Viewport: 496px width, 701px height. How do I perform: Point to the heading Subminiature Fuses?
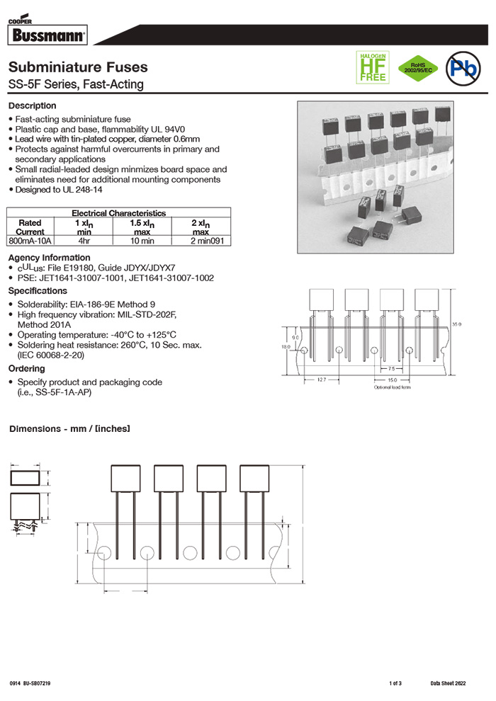pos(78,67)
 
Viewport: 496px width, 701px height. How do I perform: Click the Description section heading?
pos(32,106)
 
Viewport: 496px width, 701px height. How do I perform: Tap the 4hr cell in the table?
pos(84,241)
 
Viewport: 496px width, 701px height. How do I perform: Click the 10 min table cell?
pos(142,241)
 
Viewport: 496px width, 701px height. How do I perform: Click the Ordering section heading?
pos(26,369)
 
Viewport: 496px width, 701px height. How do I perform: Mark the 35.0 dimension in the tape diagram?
pos(456,324)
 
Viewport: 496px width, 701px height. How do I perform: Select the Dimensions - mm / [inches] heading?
pos(69,429)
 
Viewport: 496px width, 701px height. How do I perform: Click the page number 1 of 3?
pos(395,683)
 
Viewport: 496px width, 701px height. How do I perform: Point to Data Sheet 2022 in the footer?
pos(448,683)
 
